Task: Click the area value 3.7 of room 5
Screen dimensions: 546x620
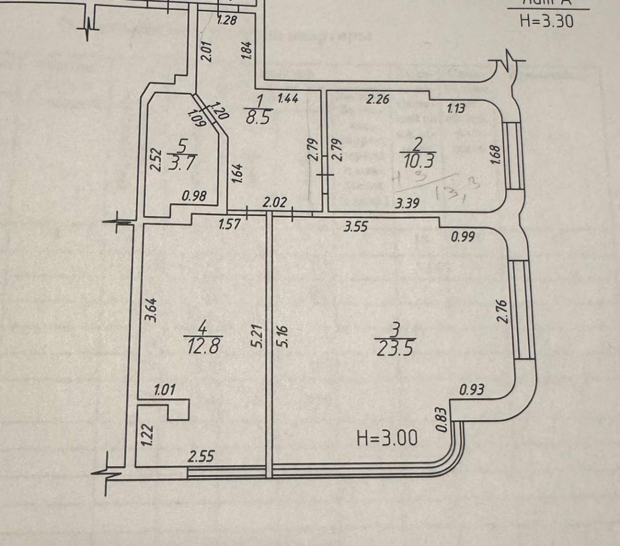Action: click(181, 164)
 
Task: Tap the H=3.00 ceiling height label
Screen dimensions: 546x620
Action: click(387, 439)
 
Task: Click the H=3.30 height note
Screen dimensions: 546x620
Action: click(546, 21)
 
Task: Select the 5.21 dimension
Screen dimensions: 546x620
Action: click(257, 335)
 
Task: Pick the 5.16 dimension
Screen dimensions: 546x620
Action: click(283, 335)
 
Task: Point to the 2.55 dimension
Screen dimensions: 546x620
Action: click(201, 457)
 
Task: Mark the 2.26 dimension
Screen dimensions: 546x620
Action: click(378, 99)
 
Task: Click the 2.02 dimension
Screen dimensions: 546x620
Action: click(275, 202)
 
